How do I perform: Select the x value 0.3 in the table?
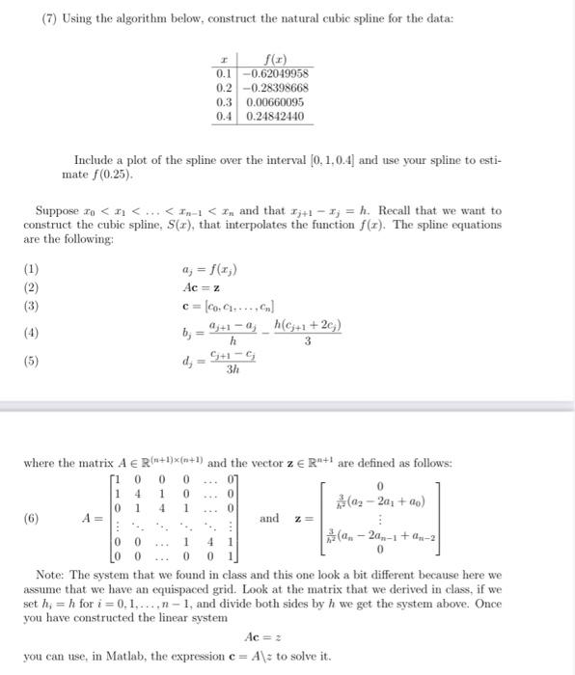pos(224,101)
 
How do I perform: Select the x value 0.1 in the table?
pos(224,72)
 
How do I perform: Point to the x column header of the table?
pos(224,58)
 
